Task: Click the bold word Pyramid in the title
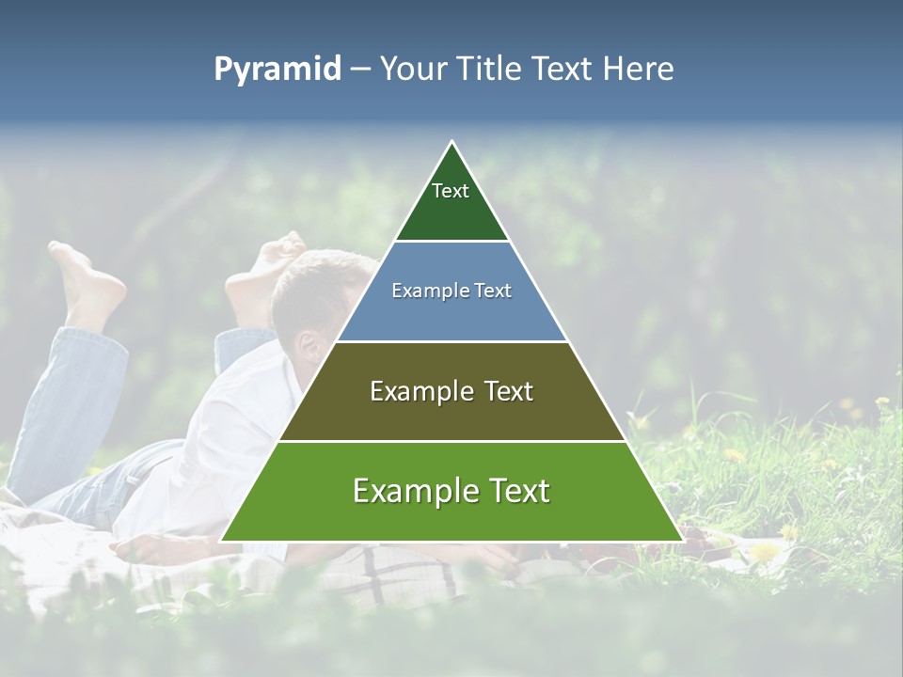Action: point(277,70)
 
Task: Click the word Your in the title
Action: point(414,70)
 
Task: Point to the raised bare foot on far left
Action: point(89,282)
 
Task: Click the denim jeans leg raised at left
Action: point(71,395)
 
